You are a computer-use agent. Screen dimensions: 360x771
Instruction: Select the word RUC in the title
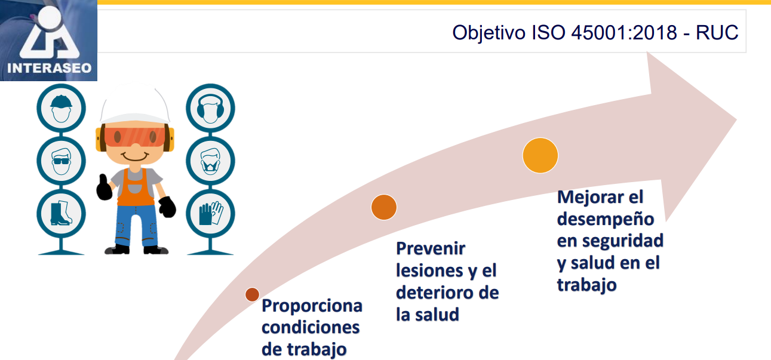(718, 32)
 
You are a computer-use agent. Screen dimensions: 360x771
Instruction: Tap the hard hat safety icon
(61, 109)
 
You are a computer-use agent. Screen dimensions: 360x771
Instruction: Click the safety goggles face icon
(61, 160)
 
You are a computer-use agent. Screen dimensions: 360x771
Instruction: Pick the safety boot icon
(61, 213)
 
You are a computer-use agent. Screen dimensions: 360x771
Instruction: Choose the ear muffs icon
(210, 109)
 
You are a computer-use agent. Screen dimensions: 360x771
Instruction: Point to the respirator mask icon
(210, 160)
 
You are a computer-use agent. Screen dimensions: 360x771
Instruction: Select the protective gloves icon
(210, 213)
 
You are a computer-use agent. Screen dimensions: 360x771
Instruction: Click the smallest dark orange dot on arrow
(252, 294)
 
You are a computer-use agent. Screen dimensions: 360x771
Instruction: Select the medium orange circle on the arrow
(383, 207)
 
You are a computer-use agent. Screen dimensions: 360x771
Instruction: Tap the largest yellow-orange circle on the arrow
(540, 155)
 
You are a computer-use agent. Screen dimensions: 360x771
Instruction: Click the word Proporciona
(312, 306)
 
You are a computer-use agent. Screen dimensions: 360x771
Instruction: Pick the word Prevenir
(431, 248)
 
